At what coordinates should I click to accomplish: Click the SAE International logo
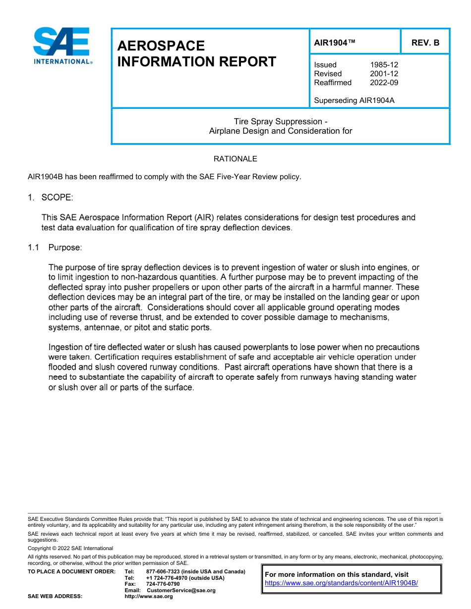(61, 46)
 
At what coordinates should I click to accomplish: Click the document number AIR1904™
(335, 43)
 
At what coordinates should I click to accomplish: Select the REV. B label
(425, 43)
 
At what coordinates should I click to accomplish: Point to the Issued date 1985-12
(384, 65)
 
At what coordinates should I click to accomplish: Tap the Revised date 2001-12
(384, 74)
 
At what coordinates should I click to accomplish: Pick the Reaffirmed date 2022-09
(384, 83)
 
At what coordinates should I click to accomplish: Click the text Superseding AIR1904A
(354, 101)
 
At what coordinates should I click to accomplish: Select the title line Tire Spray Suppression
(280, 122)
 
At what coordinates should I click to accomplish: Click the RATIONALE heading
(235, 159)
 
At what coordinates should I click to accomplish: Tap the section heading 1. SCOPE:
(51, 198)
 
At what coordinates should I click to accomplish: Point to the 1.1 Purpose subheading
(55, 247)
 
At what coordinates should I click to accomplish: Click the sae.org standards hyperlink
(342, 583)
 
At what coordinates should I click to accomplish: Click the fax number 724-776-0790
(163, 584)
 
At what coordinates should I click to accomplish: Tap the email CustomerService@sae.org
(181, 590)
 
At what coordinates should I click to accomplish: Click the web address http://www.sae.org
(148, 597)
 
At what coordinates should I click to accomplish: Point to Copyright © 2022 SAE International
(70, 548)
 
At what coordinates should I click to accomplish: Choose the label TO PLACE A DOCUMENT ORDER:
(71, 571)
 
